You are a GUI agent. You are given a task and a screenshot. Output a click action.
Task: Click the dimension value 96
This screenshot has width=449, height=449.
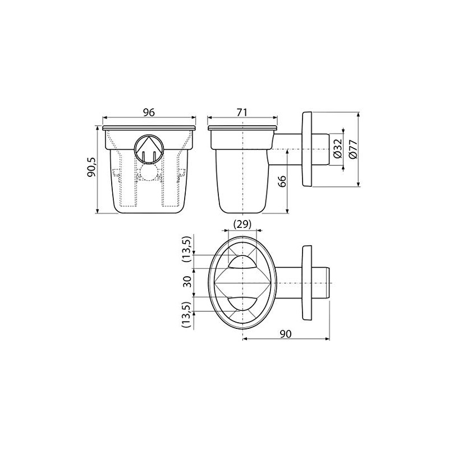149,112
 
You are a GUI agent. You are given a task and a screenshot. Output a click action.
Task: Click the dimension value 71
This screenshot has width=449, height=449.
242,112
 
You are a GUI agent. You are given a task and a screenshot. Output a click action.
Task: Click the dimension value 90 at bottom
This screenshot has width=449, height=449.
285,334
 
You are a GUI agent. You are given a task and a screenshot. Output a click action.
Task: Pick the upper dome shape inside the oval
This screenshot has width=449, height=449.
242,262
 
